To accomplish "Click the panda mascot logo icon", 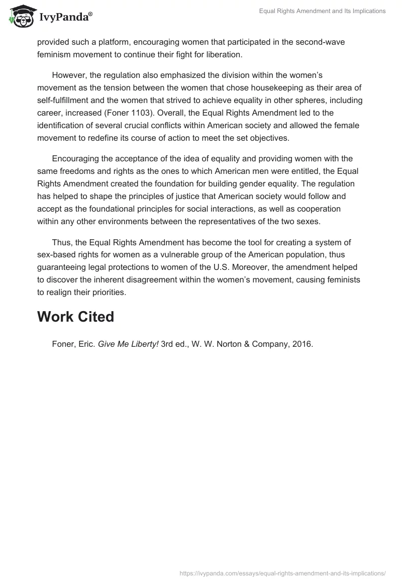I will [x=20, y=17].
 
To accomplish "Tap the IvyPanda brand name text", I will [x=65, y=18].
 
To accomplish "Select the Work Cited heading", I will [x=76, y=317].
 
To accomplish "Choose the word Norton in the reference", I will [x=217, y=344].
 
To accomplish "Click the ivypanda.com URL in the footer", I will [x=283, y=572].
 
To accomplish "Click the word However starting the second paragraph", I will [x=68, y=75].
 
